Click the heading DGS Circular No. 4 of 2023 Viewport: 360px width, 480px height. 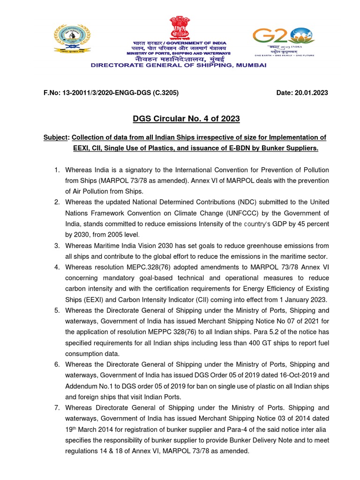click(180, 119)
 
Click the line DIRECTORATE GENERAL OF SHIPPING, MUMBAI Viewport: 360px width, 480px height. click(179, 65)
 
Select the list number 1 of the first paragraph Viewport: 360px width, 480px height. click(56, 170)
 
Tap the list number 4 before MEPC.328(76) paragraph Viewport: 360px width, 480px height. click(56, 267)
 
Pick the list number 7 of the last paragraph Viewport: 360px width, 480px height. click(56, 408)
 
